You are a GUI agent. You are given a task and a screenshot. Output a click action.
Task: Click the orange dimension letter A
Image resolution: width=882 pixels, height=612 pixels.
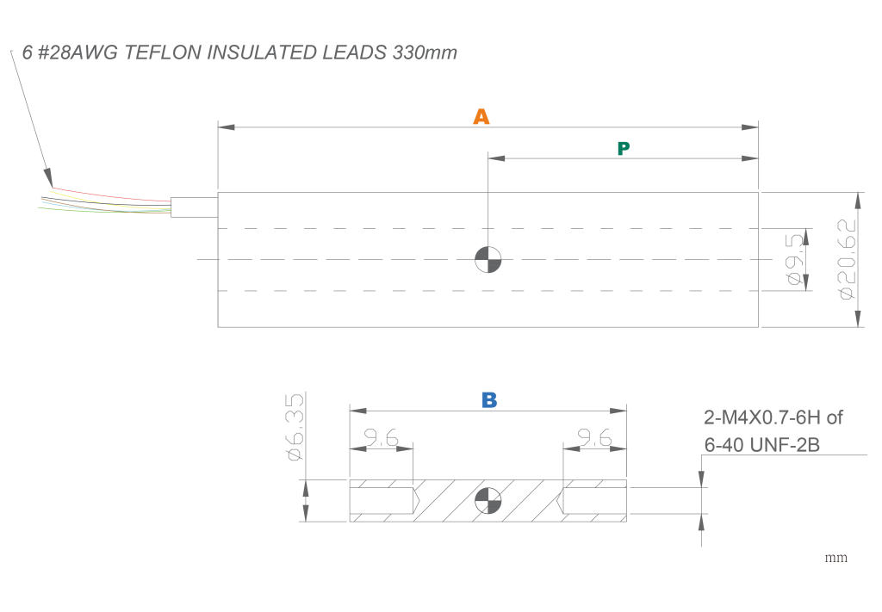[481, 117]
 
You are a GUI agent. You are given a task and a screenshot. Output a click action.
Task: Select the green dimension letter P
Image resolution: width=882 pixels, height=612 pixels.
[624, 149]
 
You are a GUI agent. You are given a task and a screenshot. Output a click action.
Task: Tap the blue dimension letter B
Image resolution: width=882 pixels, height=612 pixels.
[489, 399]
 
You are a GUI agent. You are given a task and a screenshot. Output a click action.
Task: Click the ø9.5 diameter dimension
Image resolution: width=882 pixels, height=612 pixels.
[796, 259]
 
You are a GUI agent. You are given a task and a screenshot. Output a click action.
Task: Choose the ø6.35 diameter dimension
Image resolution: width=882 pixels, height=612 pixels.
[294, 427]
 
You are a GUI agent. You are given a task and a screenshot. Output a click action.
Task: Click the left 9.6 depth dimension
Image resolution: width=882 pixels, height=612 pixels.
[382, 439]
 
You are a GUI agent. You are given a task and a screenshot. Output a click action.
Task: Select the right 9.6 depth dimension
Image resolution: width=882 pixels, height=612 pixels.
[594, 439]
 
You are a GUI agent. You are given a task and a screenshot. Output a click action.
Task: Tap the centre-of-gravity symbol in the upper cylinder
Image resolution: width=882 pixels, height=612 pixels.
[488, 259]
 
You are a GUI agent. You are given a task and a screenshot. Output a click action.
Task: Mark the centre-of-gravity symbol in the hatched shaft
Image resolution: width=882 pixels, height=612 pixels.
[488, 500]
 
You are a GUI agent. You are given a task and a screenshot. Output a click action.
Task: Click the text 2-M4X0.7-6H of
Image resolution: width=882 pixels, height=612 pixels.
[773, 418]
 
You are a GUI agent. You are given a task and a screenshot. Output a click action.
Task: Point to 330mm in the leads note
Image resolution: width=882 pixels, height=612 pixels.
[424, 53]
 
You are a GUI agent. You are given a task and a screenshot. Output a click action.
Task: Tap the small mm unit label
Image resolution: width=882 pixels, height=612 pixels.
[836, 558]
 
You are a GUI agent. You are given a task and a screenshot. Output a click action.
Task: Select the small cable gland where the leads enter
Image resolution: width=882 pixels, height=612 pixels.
[194, 207]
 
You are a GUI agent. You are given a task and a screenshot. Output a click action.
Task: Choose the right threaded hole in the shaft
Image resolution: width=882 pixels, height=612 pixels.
[593, 499]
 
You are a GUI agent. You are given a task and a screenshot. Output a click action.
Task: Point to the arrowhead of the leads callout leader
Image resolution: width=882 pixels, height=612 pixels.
[49, 178]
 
